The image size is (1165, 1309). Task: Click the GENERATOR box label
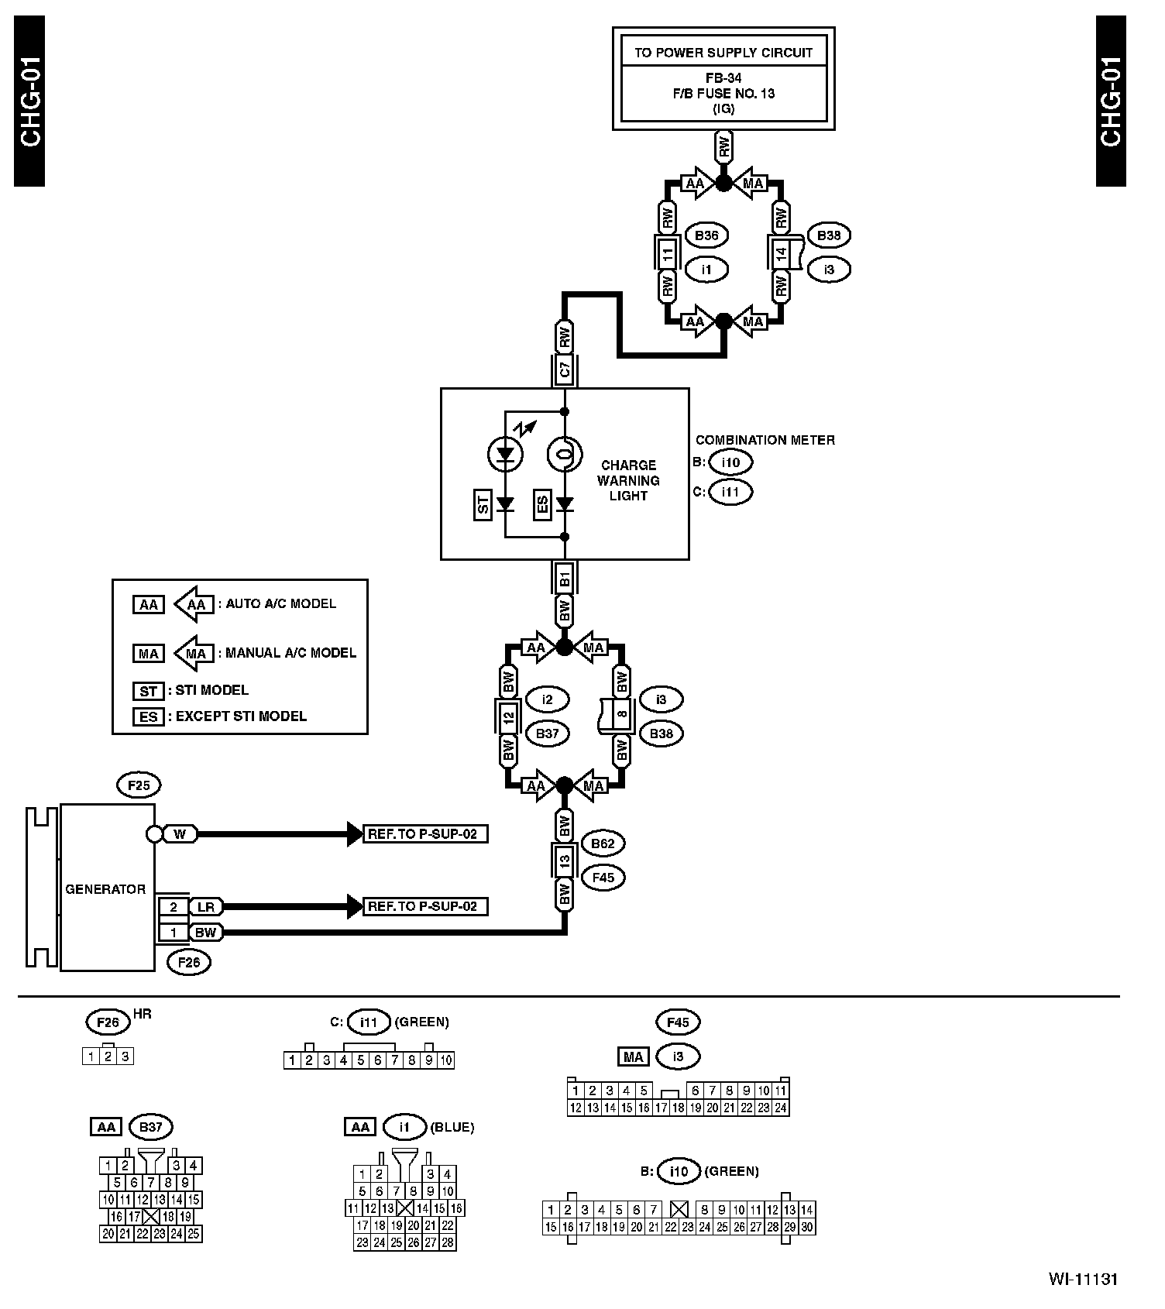105,889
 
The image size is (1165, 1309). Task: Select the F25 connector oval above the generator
139,785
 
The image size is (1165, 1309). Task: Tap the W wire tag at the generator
180,834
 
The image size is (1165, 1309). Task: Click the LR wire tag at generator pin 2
205,907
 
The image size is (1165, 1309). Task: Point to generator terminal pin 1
174,933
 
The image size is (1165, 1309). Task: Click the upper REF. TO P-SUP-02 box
425,834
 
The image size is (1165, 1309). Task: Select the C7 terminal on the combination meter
565,370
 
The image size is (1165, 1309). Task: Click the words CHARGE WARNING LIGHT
629,480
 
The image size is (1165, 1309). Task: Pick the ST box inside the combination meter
483,505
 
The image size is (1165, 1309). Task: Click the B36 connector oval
706,235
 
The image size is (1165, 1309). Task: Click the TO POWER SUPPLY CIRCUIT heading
723,53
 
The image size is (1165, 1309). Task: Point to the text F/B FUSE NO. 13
723,94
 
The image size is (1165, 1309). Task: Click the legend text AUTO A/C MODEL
281,603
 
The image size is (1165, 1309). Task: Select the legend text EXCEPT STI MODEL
241,716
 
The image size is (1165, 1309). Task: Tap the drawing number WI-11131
1084,1279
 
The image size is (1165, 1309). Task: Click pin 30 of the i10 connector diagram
806,1227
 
